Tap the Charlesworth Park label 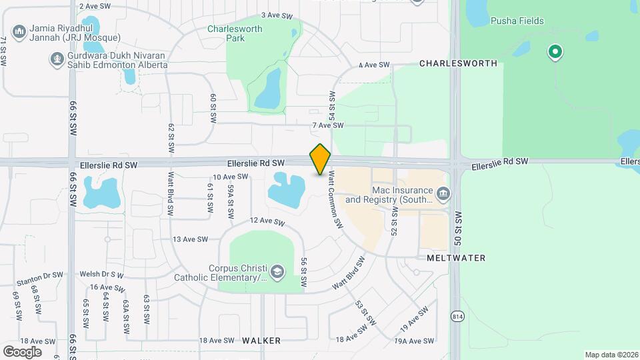tap(226, 33)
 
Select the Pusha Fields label tap(517, 21)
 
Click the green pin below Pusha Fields tap(554, 51)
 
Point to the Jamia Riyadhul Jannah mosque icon tap(19, 31)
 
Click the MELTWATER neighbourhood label tap(456, 257)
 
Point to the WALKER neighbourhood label tap(261, 340)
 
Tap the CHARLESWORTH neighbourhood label tap(458, 63)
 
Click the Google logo tap(22, 351)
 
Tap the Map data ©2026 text tap(610, 355)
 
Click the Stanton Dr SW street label tap(41, 275)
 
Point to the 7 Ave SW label tap(327, 125)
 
